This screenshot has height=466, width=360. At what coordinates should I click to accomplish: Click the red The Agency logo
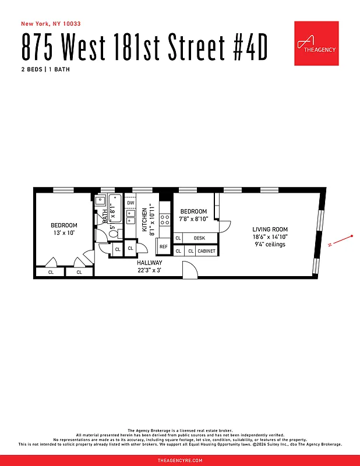tap(316, 44)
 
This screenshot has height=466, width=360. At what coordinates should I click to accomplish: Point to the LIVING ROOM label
tap(270, 230)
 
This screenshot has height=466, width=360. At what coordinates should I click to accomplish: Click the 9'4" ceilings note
tap(270, 244)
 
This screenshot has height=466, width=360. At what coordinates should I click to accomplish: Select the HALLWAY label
tap(150, 263)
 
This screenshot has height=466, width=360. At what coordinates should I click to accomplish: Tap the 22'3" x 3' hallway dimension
tap(150, 270)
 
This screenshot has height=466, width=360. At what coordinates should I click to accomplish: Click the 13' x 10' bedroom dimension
tap(63, 232)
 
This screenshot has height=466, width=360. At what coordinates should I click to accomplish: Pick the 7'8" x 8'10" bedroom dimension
tap(193, 219)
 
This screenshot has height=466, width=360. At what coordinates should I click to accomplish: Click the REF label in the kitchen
tap(164, 247)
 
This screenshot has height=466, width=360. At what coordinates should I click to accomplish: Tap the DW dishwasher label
tap(130, 203)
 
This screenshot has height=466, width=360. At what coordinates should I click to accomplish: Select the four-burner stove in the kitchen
tap(164, 220)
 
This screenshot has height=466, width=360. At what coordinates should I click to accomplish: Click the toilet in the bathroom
tap(113, 233)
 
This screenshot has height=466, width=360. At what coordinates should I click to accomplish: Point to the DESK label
tap(200, 238)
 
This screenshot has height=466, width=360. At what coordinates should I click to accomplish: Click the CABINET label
tap(206, 251)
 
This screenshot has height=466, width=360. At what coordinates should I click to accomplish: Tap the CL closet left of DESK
tap(178, 238)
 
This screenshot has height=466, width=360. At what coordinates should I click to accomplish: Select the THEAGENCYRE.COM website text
tap(180, 460)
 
